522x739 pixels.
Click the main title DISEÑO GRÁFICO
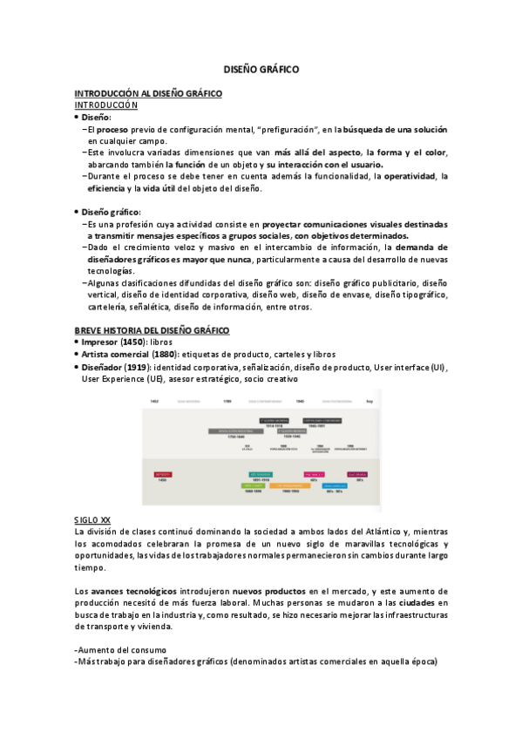pyautogui.click(x=261, y=68)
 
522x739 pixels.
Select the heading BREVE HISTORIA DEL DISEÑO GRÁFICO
pyautogui.click(x=152, y=330)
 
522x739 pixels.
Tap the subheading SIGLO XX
pyautogui.click(x=92, y=520)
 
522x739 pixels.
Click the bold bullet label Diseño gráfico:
pyautogui.click(x=112, y=211)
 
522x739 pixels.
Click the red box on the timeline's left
pyautogui.click(x=163, y=475)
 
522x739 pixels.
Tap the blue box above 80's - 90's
pyautogui.click(x=335, y=485)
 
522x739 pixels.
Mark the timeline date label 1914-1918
pyautogui.click(x=274, y=425)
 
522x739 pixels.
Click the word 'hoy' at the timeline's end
pyautogui.click(x=369, y=401)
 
